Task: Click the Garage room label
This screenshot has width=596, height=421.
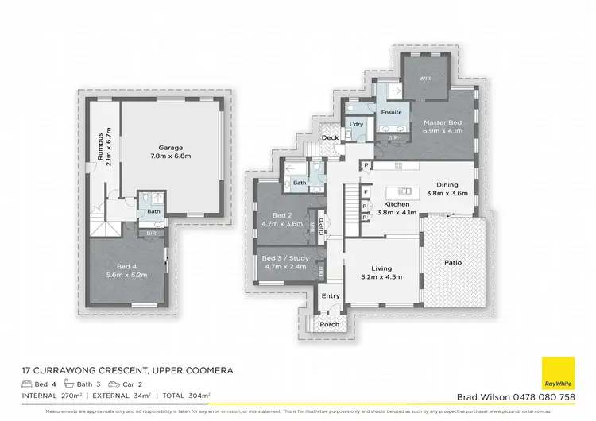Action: [x=170, y=148]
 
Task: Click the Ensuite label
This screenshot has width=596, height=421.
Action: [x=391, y=113]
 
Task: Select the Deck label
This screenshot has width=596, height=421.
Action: [x=330, y=138]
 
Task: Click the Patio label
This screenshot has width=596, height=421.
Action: [x=452, y=262]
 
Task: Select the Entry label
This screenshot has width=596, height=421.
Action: [x=331, y=296]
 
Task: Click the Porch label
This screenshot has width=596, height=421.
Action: [x=329, y=325]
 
